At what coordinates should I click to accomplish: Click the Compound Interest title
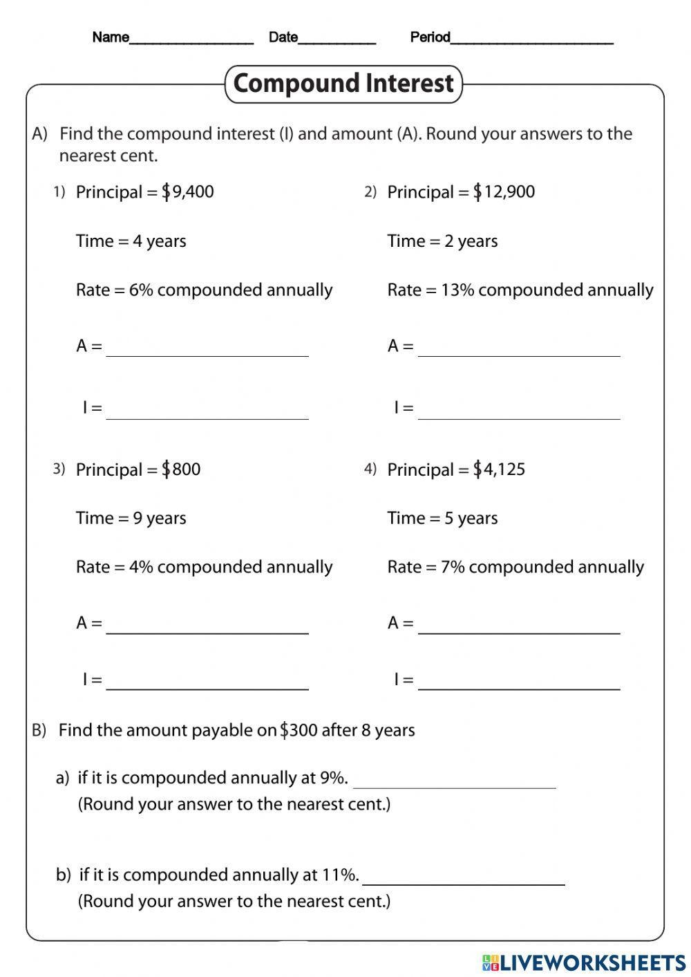coord(343,84)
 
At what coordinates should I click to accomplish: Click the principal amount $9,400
coord(188,192)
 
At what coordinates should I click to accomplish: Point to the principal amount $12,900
coord(504,192)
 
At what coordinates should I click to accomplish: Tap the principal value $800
coord(181,469)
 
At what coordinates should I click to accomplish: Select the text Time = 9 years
coord(131,518)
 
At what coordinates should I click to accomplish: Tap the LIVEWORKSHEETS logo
coord(584,962)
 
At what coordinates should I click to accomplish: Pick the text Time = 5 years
coord(442,518)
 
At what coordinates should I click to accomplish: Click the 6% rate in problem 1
coord(141,290)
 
